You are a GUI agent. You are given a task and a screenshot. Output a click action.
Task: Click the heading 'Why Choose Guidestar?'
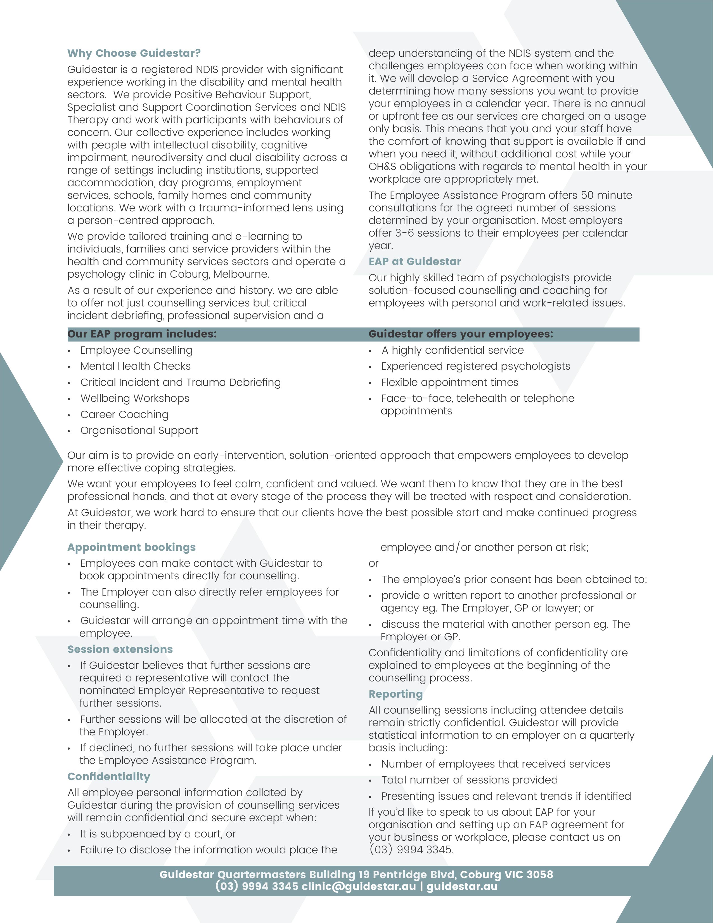(x=134, y=53)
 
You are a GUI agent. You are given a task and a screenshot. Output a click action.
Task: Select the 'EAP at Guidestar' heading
(x=414, y=262)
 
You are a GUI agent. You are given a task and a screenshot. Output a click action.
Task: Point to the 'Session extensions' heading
(x=120, y=649)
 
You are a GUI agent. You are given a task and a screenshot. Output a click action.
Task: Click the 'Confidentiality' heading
(x=108, y=776)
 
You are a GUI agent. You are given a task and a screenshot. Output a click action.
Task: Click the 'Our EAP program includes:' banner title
(x=142, y=334)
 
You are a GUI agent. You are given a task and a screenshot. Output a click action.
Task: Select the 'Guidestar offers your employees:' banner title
(x=460, y=334)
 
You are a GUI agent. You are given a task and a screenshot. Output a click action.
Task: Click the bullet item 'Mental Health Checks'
(x=135, y=366)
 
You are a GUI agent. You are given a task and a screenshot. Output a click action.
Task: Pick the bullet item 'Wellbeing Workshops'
(x=135, y=398)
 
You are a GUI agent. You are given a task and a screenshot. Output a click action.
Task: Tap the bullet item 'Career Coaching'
(x=124, y=415)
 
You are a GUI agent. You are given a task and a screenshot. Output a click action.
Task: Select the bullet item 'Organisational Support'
(x=139, y=430)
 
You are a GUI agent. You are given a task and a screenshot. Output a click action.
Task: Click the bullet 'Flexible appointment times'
(x=449, y=383)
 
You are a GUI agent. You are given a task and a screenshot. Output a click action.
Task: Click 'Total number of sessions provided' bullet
(x=469, y=780)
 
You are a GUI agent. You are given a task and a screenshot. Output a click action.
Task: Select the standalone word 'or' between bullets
(x=373, y=563)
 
